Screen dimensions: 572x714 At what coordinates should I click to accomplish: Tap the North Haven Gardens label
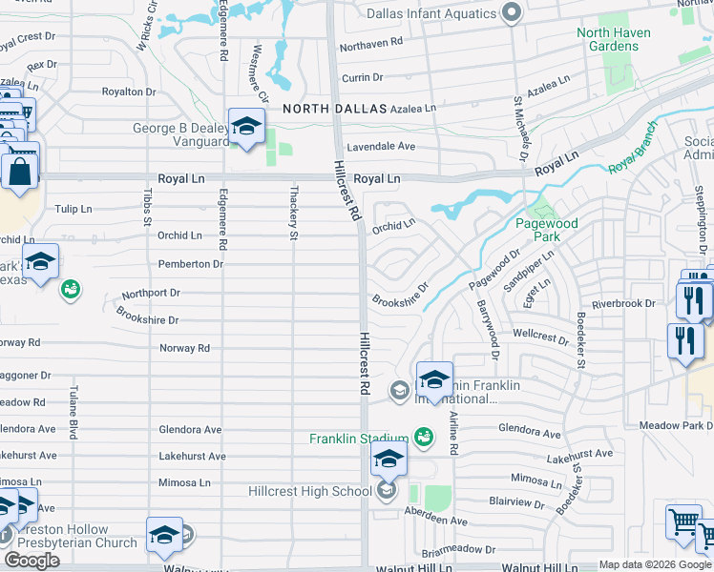click(x=614, y=39)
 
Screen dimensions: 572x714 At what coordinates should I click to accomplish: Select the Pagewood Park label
click(x=547, y=230)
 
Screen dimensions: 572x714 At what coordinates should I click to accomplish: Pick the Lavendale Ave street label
click(x=381, y=147)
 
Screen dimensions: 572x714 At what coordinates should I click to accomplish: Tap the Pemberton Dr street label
click(x=191, y=263)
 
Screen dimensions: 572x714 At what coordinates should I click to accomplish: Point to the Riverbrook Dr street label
click(x=623, y=303)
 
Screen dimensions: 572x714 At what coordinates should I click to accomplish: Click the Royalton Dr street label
click(x=129, y=92)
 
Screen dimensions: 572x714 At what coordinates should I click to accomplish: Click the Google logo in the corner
click(x=31, y=561)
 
